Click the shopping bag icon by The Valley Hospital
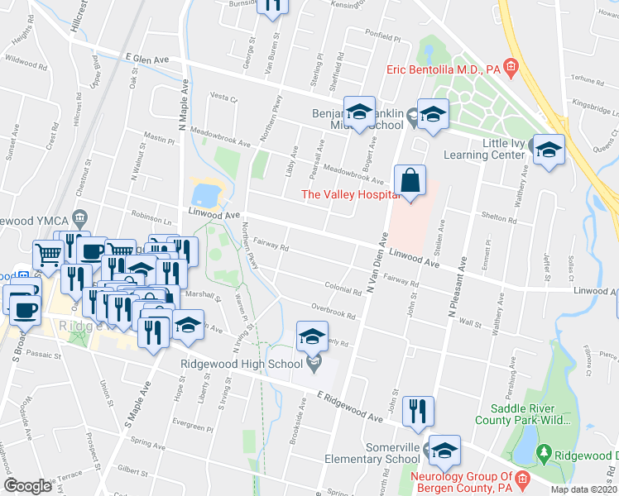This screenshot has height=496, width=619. (x=410, y=180)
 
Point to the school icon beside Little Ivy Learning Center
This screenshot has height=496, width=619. (x=547, y=150)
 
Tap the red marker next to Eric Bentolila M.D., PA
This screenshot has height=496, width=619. (x=511, y=68)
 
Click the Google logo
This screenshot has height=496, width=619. (x=28, y=486)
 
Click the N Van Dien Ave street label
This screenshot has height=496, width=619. (x=374, y=263)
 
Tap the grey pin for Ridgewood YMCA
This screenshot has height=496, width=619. (x=79, y=218)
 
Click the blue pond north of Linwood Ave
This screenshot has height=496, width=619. (x=204, y=195)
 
